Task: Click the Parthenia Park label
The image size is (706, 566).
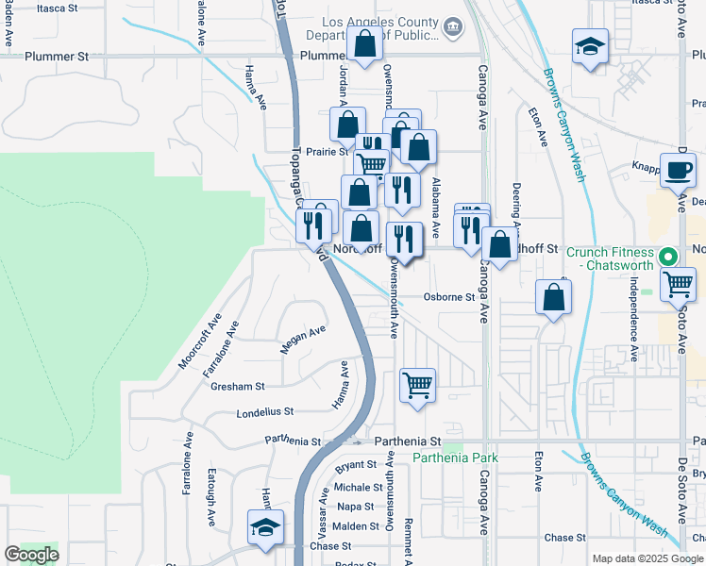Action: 456,458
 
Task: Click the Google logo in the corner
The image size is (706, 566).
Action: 31,554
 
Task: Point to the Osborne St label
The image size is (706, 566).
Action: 448,297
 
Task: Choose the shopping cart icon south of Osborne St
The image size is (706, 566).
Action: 417,384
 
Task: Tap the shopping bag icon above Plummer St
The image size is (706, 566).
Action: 364,43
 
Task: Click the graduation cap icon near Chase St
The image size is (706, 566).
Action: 266,527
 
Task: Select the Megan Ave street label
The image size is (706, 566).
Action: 303,340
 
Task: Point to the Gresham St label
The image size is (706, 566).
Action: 238,386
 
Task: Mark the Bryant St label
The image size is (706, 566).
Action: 356,465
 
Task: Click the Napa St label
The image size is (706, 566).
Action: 356,507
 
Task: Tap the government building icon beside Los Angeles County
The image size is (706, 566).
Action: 453,26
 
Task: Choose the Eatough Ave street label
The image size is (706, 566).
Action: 211,506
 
